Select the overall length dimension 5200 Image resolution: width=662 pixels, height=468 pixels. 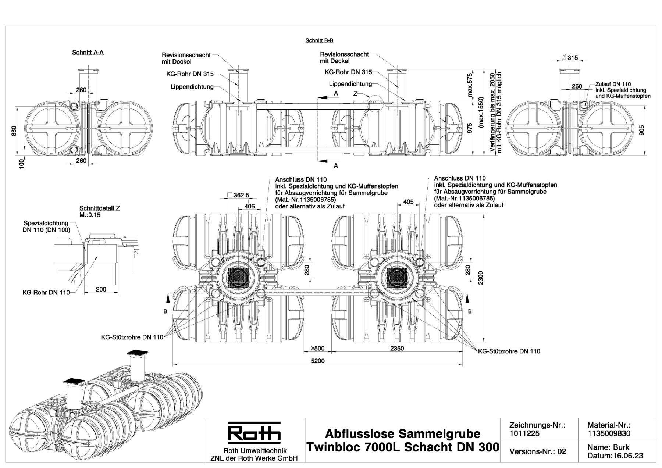pos(318,361)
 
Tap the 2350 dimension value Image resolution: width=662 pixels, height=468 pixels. pos(397,348)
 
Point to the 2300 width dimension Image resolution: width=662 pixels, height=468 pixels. pos(481,278)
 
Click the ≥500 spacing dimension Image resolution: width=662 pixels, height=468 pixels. pos(318,348)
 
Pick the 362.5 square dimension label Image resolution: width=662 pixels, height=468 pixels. pos(241,195)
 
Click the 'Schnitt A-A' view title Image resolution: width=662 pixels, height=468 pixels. pos(88,53)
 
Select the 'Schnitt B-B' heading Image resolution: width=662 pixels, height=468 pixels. pos(319,40)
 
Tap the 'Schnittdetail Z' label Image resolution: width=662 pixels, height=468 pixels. pos(100,208)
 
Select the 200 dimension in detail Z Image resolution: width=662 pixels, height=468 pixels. pos(101,289)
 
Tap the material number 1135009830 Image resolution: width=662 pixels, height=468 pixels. pos(609,433)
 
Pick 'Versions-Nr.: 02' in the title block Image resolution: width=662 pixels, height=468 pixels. pos(538,451)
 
